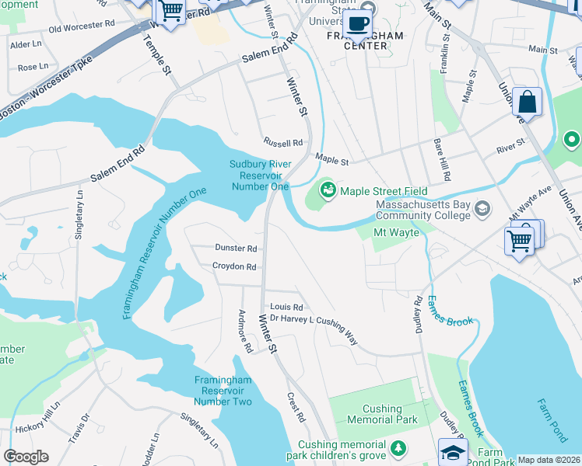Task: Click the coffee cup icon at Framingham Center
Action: (x=358, y=23)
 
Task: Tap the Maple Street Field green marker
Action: (x=328, y=190)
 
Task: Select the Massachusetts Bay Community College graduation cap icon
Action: (x=483, y=208)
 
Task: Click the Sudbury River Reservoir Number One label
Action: (x=260, y=175)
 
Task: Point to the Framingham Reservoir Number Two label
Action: (x=223, y=391)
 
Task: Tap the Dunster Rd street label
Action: (x=235, y=249)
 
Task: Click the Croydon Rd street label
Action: (x=234, y=266)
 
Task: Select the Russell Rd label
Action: (x=282, y=143)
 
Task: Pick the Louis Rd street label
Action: (x=286, y=308)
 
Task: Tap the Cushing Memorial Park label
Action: (x=382, y=414)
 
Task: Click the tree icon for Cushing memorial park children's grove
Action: (x=398, y=448)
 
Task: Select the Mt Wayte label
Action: (x=397, y=232)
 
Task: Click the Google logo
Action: (x=26, y=457)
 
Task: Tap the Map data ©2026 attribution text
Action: (x=549, y=460)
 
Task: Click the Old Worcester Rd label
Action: (x=86, y=27)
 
